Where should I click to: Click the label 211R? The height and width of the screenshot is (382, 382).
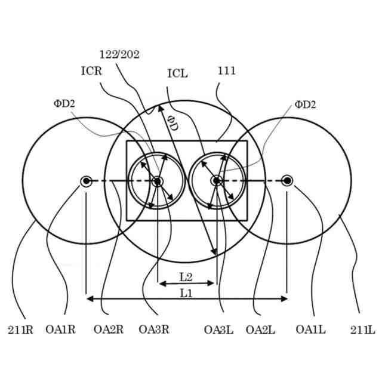tap(20, 329)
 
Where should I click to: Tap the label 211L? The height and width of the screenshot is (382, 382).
tap(363, 329)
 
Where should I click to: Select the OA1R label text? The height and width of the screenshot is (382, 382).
tap(60, 329)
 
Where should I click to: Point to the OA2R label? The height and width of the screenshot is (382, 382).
tap(109, 329)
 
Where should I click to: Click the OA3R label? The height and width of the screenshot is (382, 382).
tap(154, 329)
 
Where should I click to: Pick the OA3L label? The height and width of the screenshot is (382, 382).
tap(218, 329)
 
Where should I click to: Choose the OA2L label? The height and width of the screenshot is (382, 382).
tap(260, 329)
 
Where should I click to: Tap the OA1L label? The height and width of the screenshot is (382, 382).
tap(310, 329)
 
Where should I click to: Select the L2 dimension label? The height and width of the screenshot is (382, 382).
tap(186, 276)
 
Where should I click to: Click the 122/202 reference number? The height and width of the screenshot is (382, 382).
tap(120, 54)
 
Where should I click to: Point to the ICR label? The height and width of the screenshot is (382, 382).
tap(92, 70)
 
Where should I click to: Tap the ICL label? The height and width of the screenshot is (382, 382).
tap(177, 74)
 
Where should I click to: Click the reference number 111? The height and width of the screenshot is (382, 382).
tap(226, 71)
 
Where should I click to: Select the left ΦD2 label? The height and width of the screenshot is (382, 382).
tap(64, 104)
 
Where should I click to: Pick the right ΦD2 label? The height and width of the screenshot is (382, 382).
tap(305, 105)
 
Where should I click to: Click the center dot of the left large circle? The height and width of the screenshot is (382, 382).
tap(87, 181)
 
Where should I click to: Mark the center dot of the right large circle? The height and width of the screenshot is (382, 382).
tap(287, 181)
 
